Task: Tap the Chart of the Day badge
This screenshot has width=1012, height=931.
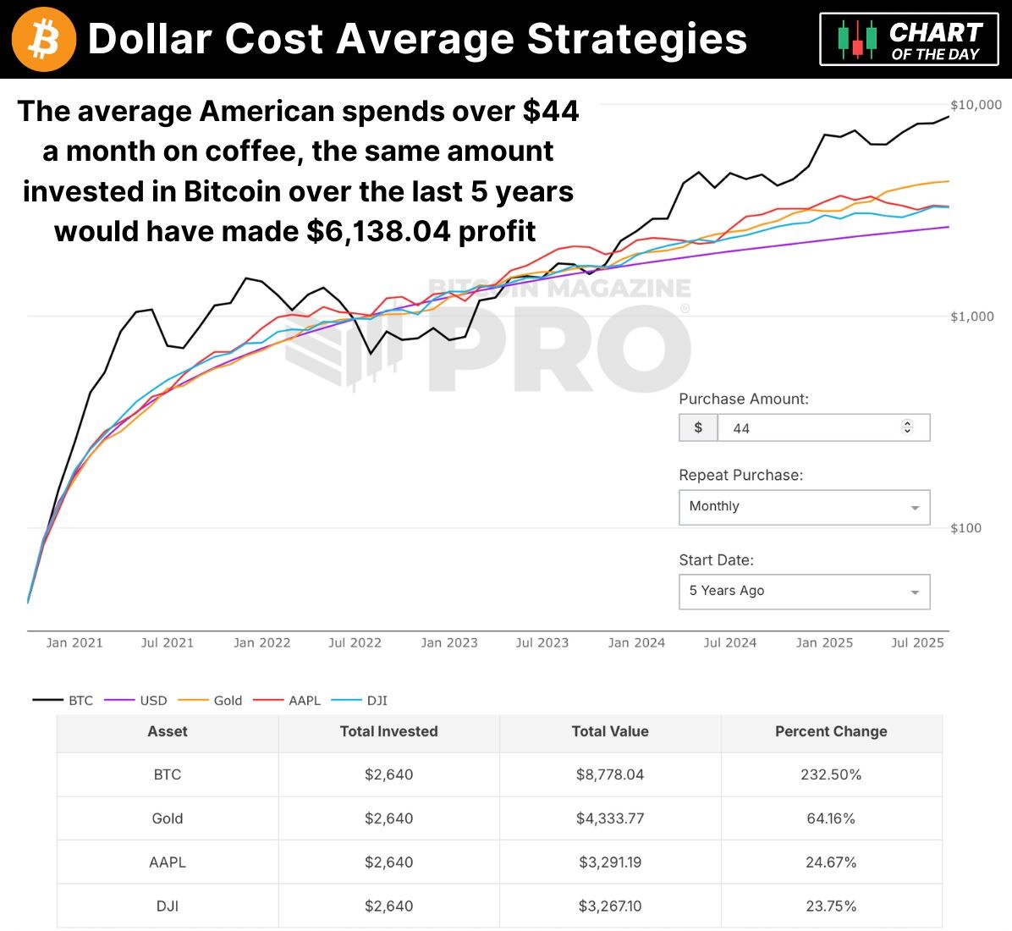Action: pos(909,40)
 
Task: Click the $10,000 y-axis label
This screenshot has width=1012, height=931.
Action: pos(976,105)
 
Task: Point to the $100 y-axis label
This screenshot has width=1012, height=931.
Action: pos(965,528)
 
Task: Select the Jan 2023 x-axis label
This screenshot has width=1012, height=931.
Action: pos(449,643)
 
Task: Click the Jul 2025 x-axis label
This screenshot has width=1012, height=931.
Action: pos(917,643)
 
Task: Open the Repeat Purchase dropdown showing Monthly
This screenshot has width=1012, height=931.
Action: pos(804,507)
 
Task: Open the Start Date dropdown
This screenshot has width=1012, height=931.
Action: pos(804,592)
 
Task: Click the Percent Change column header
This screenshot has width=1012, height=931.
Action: pos(831,732)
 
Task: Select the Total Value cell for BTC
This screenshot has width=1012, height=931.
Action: pos(610,775)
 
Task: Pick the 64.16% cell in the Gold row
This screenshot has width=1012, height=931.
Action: pos(831,819)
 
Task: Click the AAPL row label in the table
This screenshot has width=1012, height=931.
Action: pos(168,863)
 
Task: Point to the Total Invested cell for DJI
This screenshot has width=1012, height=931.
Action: pos(389,906)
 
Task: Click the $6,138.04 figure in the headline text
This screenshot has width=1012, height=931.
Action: pos(378,231)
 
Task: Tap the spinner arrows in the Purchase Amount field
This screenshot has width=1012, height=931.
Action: pos(907,427)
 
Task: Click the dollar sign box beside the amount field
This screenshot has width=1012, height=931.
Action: pos(698,428)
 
